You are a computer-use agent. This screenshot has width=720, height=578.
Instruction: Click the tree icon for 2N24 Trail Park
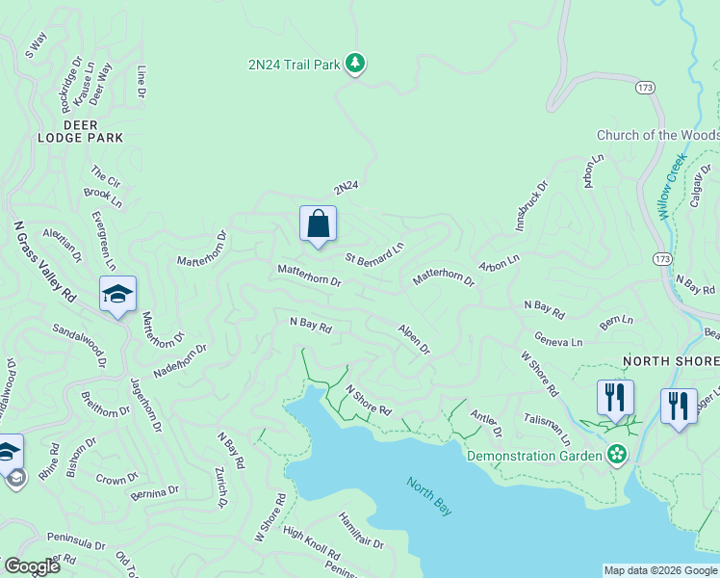tap(356, 64)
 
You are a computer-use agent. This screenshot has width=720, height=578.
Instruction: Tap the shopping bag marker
tap(318, 225)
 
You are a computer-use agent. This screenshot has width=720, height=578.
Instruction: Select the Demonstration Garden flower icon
tap(616, 454)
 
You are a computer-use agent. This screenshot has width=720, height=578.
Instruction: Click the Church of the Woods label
tap(657, 136)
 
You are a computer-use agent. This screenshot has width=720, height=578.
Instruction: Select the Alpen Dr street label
tap(414, 337)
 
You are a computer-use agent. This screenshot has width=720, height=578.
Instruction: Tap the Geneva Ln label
tap(558, 342)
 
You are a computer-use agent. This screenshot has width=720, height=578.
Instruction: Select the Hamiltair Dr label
tap(361, 531)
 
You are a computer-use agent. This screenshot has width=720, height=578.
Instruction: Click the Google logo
tap(32, 566)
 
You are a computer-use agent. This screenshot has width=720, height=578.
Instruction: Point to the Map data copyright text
tap(660, 570)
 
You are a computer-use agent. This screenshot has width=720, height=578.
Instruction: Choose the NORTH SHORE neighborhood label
tap(671, 361)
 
